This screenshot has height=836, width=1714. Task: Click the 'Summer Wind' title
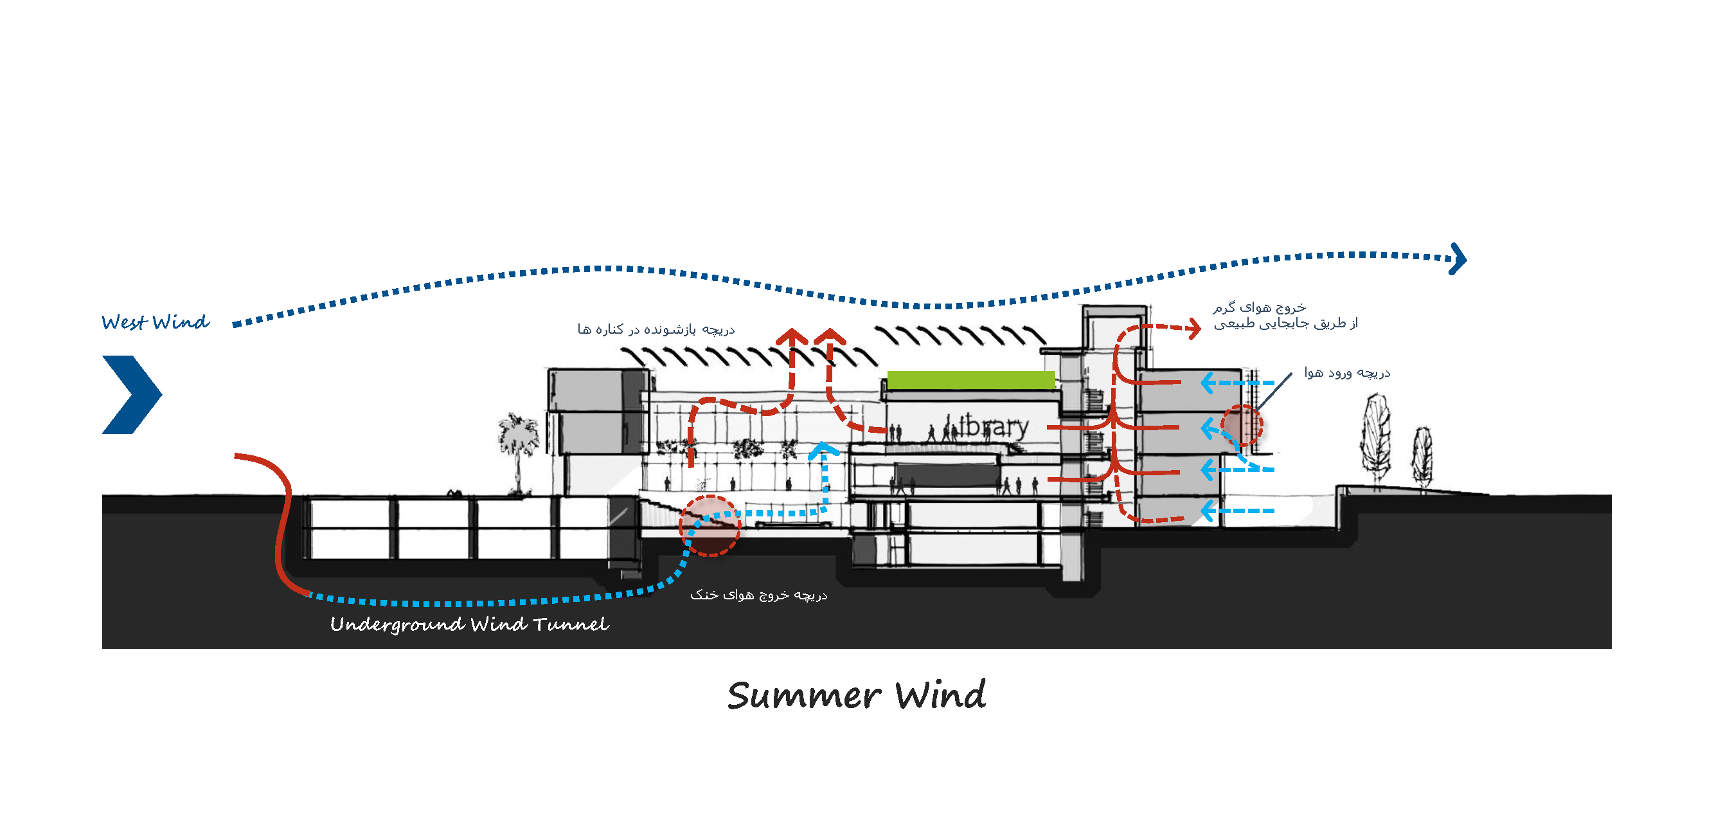click(x=856, y=696)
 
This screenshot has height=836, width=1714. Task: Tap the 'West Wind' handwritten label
click(x=155, y=323)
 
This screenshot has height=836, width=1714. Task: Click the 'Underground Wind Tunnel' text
click(x=469, y=624)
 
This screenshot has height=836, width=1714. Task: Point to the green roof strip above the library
click(x=971, y=380)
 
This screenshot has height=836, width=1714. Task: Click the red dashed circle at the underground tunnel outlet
click(x=710, y=526)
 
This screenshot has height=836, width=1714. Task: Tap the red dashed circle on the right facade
click(x=1242, y=425)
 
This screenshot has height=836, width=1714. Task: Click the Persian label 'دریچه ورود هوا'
click(x=1347, y=374)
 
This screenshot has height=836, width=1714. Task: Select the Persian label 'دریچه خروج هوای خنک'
click(x=758, y=595)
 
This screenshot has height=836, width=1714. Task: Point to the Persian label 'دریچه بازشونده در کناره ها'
click(x=656, y=330)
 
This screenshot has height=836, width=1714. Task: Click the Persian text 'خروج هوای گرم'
click(x=1259, y=307)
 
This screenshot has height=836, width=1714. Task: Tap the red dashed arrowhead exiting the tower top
click(x=1194, y=327)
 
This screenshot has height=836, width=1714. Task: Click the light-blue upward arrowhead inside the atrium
click(x=824, y=451)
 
